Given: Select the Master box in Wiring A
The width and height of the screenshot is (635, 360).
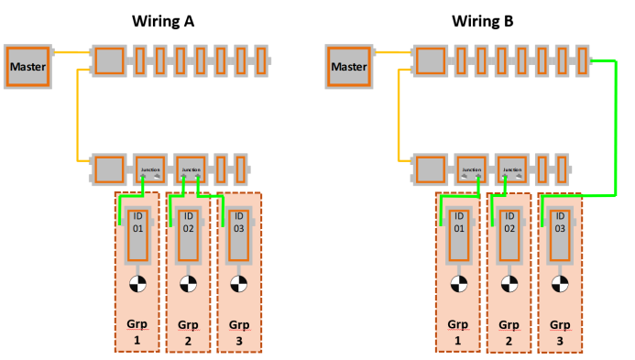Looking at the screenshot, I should [x=27, y=66].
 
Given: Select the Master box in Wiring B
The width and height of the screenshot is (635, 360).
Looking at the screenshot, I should [x=348, y=66].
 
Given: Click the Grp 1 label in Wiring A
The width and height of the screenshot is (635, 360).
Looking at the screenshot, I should [x=137, y=332].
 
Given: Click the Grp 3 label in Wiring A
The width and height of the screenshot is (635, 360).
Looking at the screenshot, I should [x=239, y=332].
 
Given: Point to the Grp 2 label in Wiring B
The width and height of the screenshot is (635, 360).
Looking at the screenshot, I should [x=508, y=332].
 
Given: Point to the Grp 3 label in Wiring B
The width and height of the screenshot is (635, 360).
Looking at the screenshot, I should [x=559, y=332].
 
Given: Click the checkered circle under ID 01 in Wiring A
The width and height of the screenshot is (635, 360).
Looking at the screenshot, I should [x=137, y=284].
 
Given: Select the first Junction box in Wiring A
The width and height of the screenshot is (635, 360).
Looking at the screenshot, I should [x=149, y=169].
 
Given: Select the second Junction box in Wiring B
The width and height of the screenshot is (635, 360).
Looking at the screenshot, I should [x=511, y=169].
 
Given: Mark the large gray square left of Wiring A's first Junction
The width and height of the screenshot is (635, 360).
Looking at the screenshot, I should [x=109, y=169].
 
